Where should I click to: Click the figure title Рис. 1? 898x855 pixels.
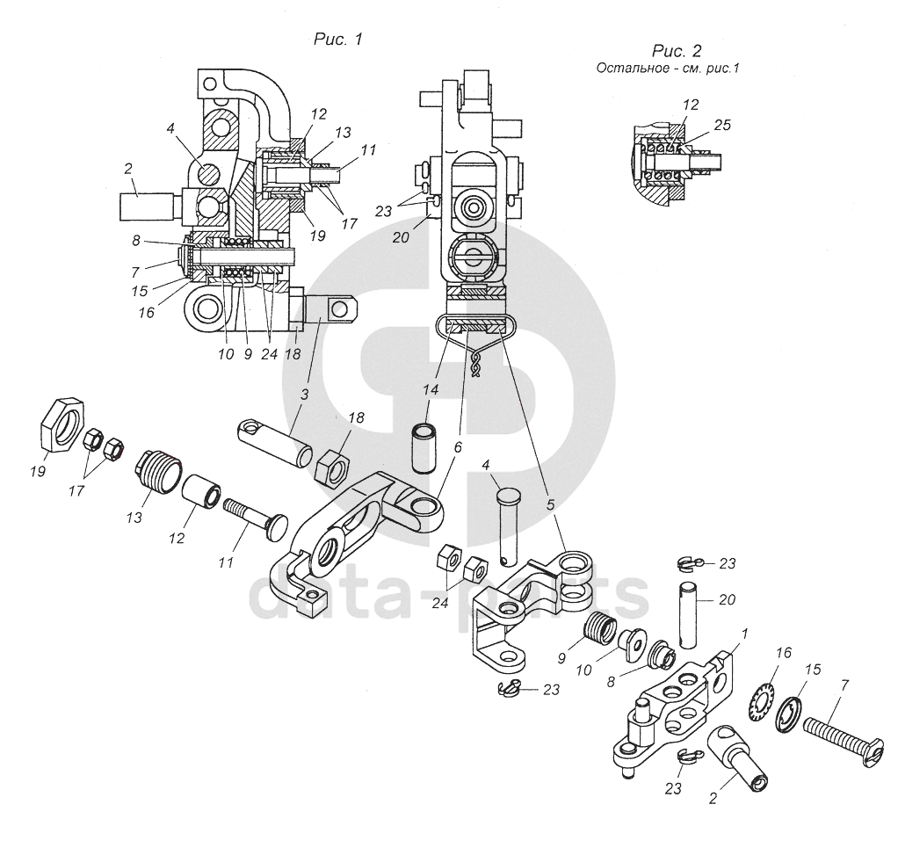(338, 39)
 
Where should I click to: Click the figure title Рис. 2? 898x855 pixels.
(677, 51)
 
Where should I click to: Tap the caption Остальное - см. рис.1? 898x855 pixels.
(668, 69)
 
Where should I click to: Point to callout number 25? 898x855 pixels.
(722, 125)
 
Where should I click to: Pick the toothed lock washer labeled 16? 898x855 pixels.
(761, 698)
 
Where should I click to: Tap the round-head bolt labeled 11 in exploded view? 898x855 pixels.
(253, 516)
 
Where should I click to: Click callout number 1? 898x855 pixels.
(744, 634)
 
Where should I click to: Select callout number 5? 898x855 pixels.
(551, 504)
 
